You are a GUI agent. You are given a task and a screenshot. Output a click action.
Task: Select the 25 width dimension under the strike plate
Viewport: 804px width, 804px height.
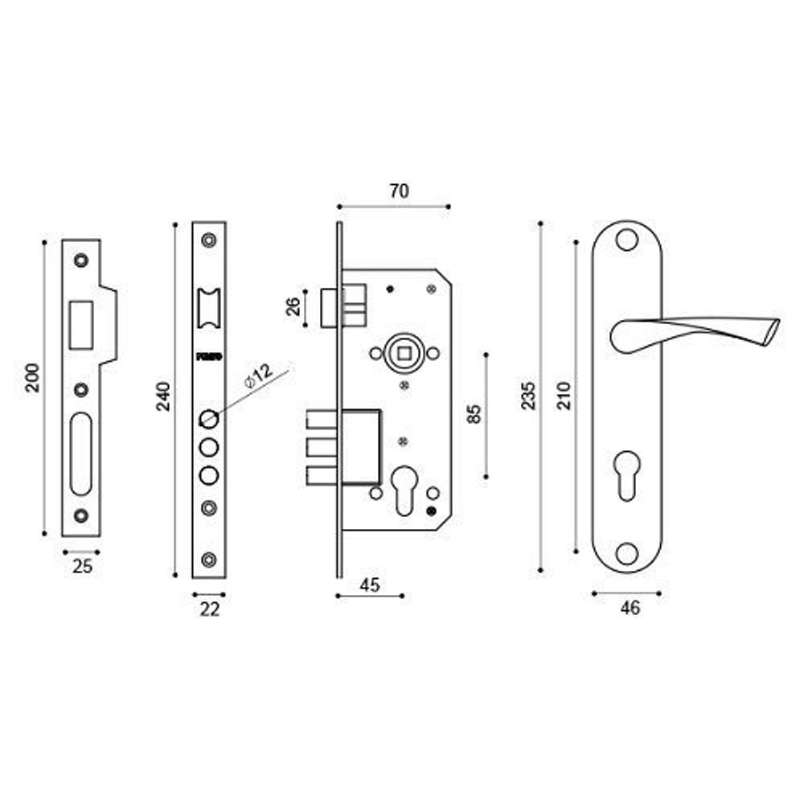tap(82, 566)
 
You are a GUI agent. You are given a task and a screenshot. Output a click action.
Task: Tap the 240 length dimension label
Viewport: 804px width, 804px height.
tap(162, 396)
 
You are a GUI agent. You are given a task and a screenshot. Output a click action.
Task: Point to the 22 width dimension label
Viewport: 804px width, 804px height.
tap(209, 609)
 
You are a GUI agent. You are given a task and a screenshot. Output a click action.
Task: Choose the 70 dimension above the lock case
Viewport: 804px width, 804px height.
tap(399, 191)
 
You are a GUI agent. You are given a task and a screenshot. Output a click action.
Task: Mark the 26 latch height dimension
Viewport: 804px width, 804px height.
tap(293, 306)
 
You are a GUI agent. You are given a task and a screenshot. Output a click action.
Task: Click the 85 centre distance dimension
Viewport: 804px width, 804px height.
tap(474, 413)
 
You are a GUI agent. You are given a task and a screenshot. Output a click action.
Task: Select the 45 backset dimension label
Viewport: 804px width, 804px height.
tap(369, 585)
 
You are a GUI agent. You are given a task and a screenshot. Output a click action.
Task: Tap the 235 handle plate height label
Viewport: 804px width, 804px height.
tap(528, 396)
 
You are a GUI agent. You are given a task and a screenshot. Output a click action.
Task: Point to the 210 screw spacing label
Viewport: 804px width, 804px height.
tap(564, 396)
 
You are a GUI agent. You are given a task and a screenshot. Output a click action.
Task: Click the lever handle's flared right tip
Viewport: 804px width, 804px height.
tap(772, 330)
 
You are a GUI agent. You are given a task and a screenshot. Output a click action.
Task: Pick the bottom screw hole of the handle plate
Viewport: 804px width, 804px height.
tap(627, 552)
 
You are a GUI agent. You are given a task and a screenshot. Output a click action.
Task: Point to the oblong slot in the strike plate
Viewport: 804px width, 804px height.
tap(80, 453)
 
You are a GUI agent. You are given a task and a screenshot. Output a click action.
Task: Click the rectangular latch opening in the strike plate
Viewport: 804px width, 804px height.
tap(80, 324)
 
